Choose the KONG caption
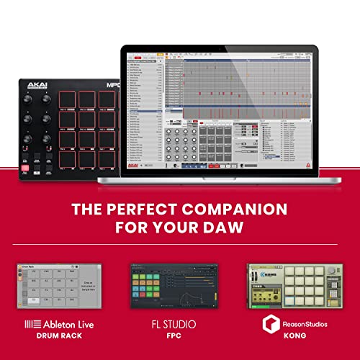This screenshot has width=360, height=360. (296, 337)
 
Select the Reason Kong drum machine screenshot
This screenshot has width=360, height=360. (296, 287)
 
